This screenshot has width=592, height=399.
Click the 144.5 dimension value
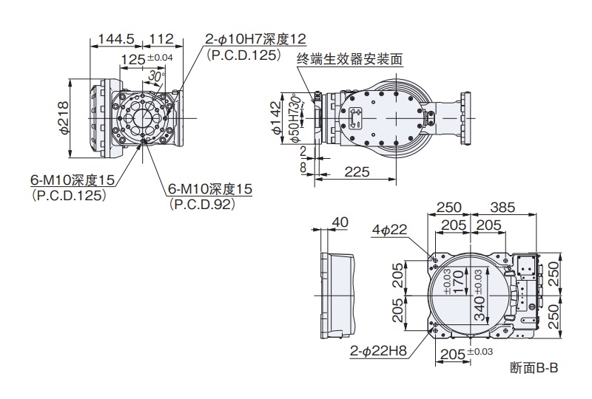click(112, 39)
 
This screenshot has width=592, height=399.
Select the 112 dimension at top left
click(159, 39)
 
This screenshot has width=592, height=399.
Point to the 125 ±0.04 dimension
click(146, 58)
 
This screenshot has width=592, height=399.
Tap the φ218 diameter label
click(64, 117)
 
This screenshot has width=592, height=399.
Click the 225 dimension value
click(357, 171)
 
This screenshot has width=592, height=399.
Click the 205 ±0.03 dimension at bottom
click(465, 354)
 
